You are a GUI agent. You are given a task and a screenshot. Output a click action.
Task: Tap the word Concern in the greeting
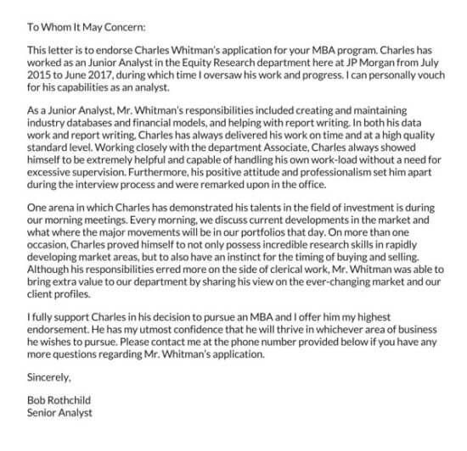coord(124,26)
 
